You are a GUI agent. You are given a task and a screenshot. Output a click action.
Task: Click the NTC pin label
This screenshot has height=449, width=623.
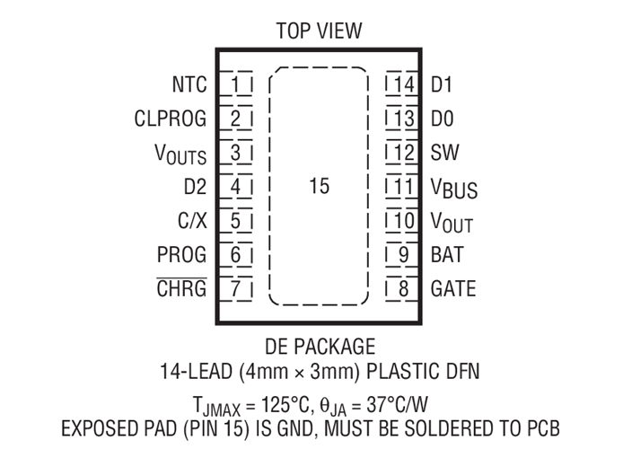189,84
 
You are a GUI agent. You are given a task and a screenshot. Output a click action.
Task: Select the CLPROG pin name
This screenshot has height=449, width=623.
171,119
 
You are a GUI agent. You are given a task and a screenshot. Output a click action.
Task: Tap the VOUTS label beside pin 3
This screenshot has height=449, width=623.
180,154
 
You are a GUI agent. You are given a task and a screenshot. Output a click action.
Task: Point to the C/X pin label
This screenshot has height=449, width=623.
192,221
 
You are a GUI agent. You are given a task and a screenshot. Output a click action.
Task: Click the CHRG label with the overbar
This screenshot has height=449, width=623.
181,287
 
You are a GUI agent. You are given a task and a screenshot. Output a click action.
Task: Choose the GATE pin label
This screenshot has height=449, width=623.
453,288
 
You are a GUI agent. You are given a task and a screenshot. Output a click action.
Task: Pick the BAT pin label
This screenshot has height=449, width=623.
447,255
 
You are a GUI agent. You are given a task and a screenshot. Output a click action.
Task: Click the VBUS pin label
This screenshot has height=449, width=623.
454,189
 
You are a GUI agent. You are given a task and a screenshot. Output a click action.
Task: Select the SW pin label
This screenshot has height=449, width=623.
445,153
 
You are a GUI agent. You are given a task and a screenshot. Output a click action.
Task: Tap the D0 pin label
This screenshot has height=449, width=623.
443,119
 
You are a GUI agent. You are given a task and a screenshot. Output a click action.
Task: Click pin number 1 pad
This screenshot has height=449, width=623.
236,84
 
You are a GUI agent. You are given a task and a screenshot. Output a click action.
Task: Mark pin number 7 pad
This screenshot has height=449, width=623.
236,289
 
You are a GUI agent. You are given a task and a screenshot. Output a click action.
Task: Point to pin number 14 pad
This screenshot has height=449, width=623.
402,84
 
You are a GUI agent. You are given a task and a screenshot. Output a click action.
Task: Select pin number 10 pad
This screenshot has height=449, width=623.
402,221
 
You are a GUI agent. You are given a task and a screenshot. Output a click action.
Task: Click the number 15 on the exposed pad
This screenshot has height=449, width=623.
320,186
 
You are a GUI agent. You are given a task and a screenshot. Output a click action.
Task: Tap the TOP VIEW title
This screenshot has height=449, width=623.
319,31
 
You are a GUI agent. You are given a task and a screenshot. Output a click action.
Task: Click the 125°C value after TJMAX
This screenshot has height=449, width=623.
285,405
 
